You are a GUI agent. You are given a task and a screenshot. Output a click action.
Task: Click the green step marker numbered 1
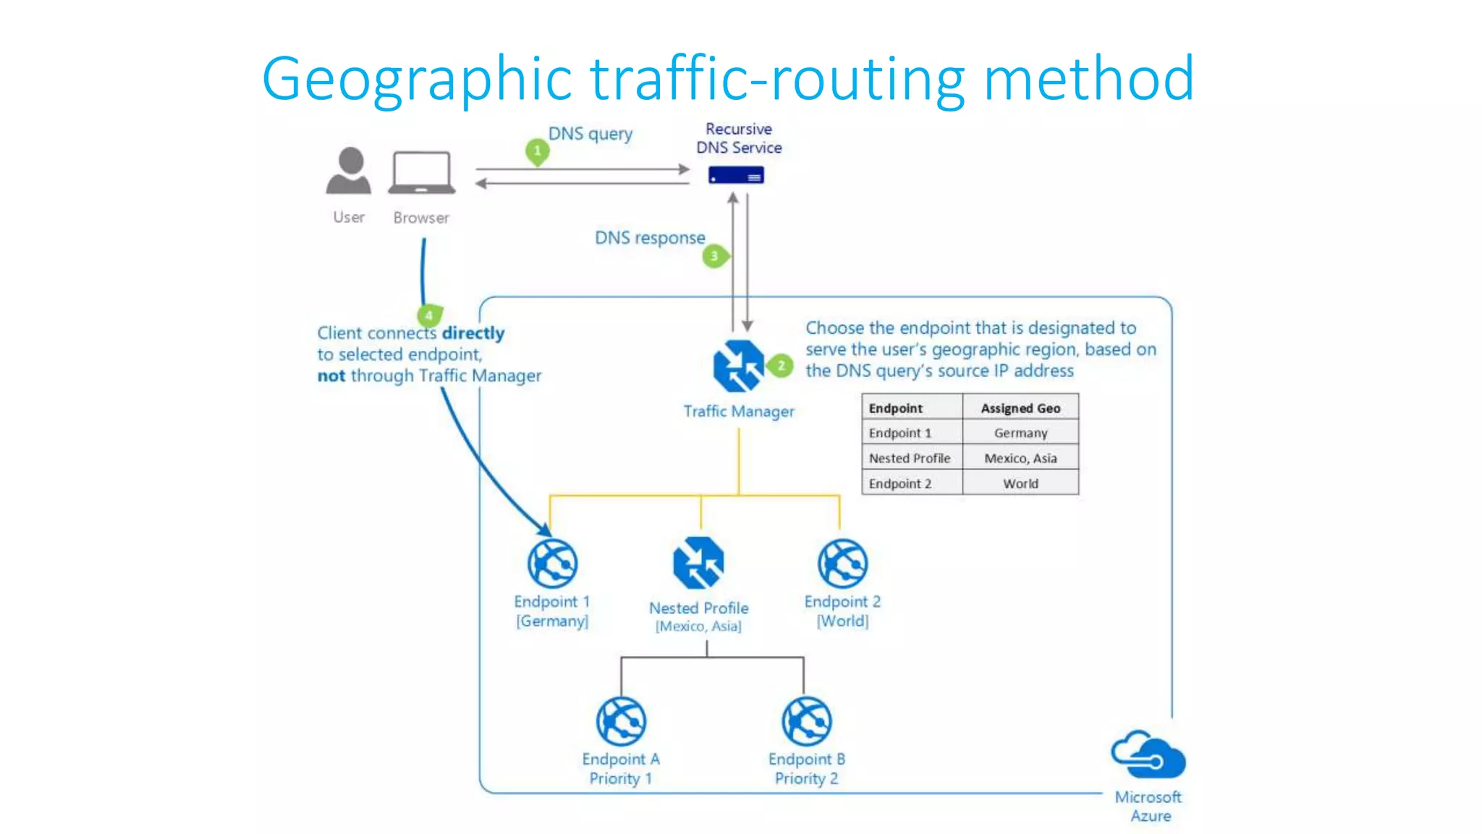537,151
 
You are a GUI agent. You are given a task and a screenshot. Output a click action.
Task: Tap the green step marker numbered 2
781,366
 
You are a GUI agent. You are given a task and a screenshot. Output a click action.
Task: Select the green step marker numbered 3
715,256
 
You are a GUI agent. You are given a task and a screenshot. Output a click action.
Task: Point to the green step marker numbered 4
429,315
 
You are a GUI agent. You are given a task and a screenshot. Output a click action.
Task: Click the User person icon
349,172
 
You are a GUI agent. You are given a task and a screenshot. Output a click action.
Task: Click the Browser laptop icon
422,173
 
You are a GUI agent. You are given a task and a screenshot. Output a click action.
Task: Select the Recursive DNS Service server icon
736,175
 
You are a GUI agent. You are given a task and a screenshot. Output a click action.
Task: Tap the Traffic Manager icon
738,366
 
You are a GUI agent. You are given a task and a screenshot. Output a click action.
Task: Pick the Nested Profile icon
698,563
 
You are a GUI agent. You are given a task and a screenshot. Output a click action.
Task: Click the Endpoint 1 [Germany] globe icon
552,563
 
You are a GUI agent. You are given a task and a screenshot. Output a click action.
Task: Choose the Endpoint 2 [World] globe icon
842,563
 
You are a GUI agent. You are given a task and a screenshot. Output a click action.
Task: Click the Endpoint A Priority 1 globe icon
621,721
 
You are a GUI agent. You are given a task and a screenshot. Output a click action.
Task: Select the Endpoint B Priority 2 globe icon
807,721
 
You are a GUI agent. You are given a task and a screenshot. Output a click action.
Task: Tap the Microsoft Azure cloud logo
1148,754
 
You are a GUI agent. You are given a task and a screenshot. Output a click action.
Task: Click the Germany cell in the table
1020,433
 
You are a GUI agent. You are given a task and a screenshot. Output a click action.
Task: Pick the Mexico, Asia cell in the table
1020,458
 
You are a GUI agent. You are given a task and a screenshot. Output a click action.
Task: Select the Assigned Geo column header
1020,408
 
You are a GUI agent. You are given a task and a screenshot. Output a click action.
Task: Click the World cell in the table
1020,484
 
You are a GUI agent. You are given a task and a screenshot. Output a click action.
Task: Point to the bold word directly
473,333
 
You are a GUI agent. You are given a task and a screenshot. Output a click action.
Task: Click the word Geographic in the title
417,79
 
